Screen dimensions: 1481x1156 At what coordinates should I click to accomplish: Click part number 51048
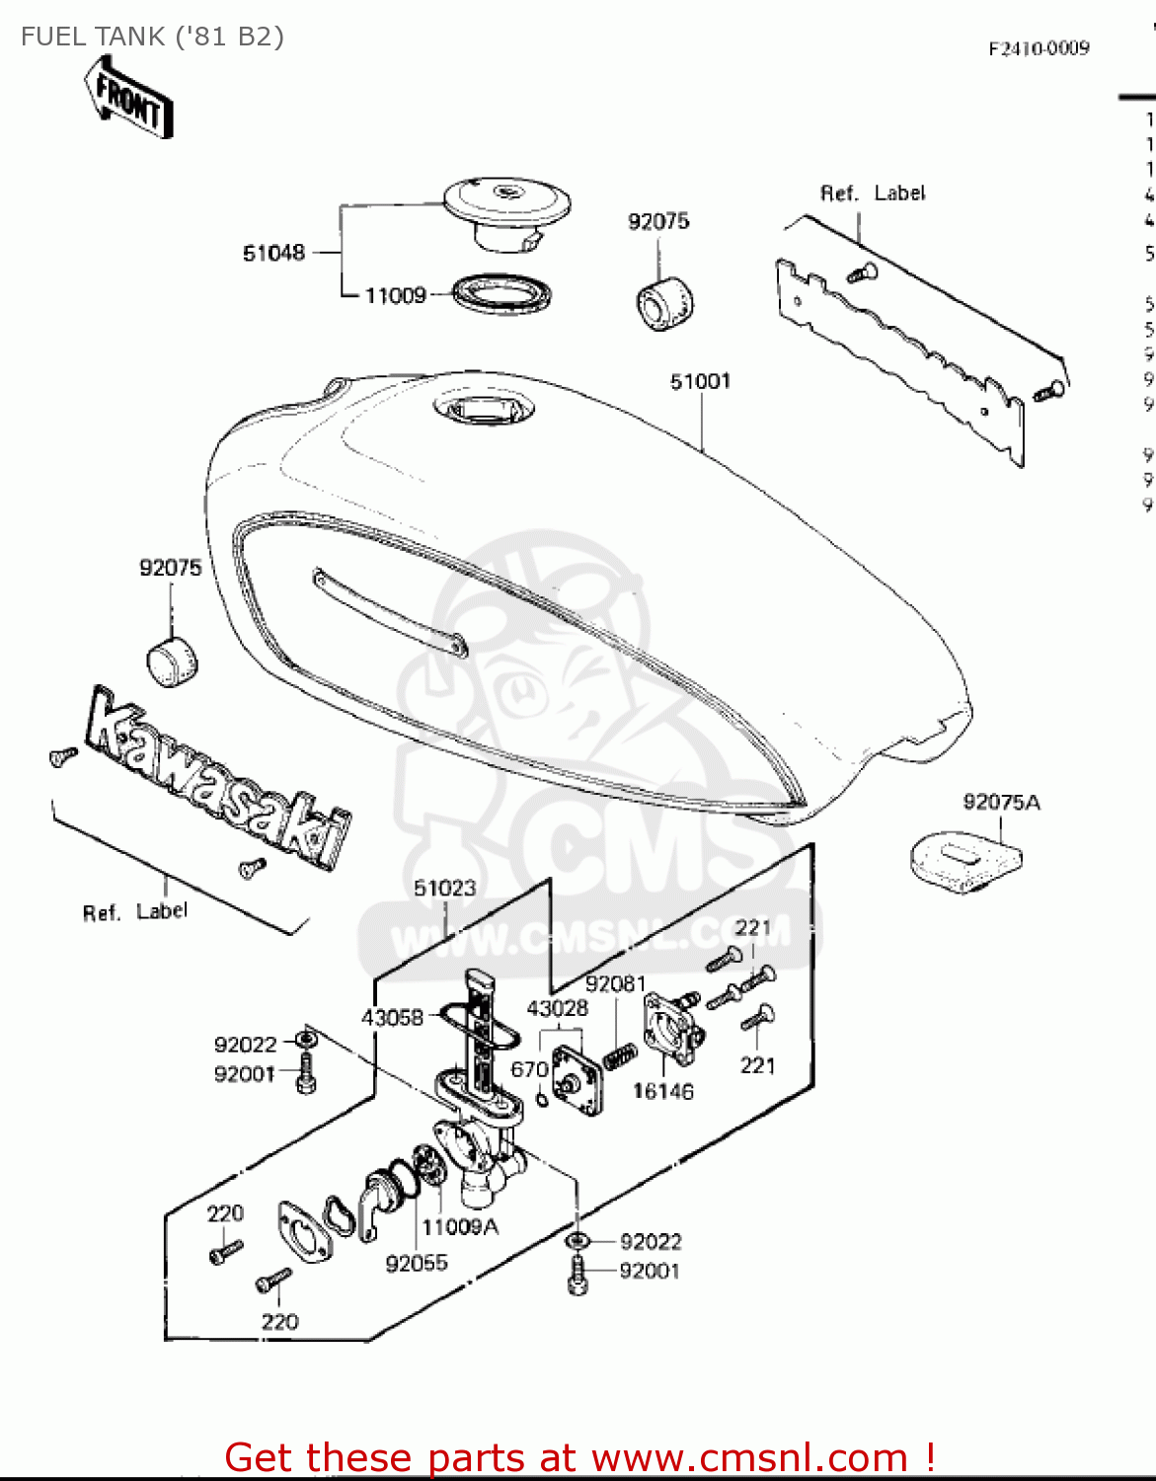coord(273,254)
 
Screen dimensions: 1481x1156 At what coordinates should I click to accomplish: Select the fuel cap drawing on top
coord(506,205)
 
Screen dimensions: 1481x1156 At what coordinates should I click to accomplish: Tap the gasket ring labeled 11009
coord(501,294)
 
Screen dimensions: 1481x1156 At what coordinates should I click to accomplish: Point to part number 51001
coord(700,381)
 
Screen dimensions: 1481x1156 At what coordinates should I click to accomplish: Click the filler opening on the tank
coord(484,408)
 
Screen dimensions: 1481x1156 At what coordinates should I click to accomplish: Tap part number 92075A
coord(1001,802)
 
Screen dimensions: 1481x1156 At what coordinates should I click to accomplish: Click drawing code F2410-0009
coord(1039,48)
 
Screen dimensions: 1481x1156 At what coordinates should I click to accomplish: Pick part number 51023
coord(444,888)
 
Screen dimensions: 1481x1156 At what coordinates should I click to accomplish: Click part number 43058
coord(392,1017)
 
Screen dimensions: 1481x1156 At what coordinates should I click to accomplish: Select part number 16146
coord(662,1091)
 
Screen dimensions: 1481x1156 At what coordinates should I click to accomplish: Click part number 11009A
coord(460,1226)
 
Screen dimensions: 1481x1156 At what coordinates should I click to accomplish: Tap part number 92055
coord(416,1263)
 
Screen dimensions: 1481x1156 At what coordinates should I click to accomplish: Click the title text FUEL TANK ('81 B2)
coord(152,37)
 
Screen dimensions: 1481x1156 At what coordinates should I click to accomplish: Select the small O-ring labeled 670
coord(542,1099)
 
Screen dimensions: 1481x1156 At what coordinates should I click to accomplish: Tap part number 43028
coord(557,1008)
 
